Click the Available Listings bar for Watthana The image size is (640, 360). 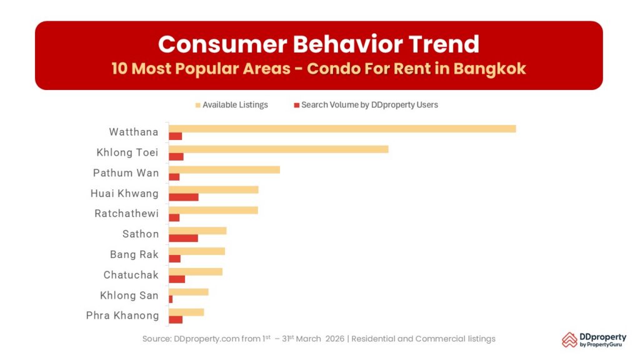click(x=342, y=129)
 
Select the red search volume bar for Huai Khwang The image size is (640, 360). click(x=184, y=197)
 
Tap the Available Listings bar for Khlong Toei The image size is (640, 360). click(x=278, y=149)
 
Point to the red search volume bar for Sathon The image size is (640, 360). click(x=183, y=238)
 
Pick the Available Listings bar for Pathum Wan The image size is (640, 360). click(x=224, y=169)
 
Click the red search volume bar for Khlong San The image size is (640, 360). click(x=171, y=299)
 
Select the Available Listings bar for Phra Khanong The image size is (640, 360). click(x=186, y=312)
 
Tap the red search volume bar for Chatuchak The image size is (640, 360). click(x=177, y=279)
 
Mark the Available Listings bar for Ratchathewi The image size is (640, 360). click(x=213, y=210)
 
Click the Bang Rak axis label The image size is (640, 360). click(x=134, y=254)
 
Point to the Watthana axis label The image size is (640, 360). click(x=133, y=132)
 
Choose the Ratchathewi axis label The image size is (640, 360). click(x=126, y=214)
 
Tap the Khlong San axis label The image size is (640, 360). click(x=129, y=296)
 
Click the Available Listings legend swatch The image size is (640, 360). click(x=199, y=105)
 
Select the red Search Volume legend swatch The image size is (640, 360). click(x=297, y=105)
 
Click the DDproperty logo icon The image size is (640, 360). click(x=569, y=339)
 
